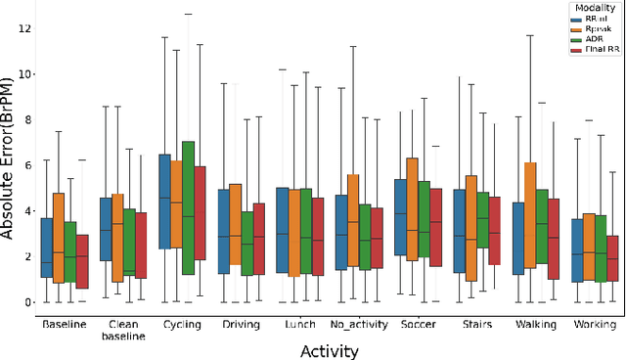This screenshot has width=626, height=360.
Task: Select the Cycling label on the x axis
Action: pos(182,324)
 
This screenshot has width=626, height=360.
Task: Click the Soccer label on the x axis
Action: pos(418,324)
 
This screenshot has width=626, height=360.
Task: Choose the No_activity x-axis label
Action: pos(360,324)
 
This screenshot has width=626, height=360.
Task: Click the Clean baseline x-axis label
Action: pos(123,330)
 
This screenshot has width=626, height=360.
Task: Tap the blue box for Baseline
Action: pos(46,247)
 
